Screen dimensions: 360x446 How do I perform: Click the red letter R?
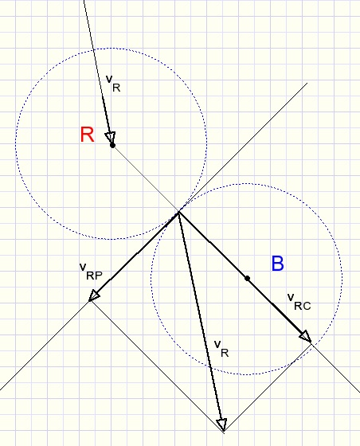tap(87, 135)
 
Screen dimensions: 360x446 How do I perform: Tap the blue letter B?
tap(277, 264)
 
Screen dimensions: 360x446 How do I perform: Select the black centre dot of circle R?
tap(112, 145)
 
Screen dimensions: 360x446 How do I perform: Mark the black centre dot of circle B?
tap(248, 278)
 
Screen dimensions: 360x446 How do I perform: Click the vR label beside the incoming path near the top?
tap(113, 84)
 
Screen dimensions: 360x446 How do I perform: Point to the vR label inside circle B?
tap(221, 349)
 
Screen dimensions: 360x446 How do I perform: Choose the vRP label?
tap(91, 272)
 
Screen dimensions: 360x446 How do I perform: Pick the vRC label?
tap(299, 302)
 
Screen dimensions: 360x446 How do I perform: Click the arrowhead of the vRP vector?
tap(94, 295)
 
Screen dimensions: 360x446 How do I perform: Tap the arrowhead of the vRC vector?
tap(306, 337)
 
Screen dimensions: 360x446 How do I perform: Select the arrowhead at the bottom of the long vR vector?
tap(222, 424)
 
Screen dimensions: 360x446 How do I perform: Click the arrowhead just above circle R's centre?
tap(111, 138)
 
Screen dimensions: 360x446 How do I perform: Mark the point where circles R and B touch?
tap(179, 211)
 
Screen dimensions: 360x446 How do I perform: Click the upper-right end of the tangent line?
tap(307, 83)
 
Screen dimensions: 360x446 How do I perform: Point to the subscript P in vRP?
tap(98, 276)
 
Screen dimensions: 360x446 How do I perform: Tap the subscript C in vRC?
tap(307, 306)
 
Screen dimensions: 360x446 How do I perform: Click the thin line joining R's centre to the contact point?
tap(146, 178)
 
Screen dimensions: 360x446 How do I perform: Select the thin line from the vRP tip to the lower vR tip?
tap(157, 366)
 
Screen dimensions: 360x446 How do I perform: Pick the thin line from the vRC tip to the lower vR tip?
tap(268, 388)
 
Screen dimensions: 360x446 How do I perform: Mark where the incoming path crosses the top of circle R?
tap(93, 50)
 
